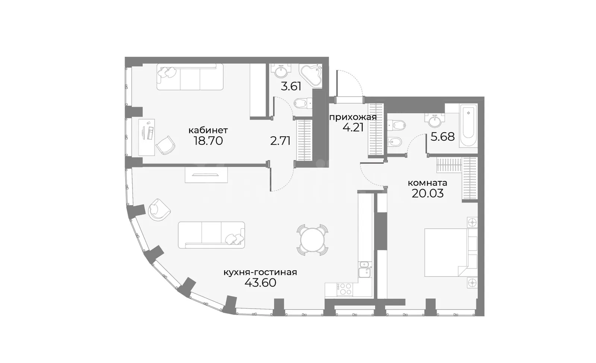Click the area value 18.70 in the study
click(x=208, y=141)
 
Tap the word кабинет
click(x=208, y=130)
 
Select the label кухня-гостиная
click(x=260, y=273)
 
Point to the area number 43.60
click(x=260, y=283)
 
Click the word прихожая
click(x=353, y=117)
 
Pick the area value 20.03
click(x=428, y=194)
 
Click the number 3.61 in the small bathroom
click(x=291, y=86)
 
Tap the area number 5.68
click(x=443, y=137)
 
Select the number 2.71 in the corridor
click(x=280, y=141)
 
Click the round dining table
click(x=313, y=240)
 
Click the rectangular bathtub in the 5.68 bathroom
click(x=468, y=125)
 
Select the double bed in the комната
click(x=451, y=252)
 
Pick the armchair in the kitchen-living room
click(x=159, y=210)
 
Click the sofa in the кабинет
click(x=190, y=77)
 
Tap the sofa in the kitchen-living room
click(x=211, y=235)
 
